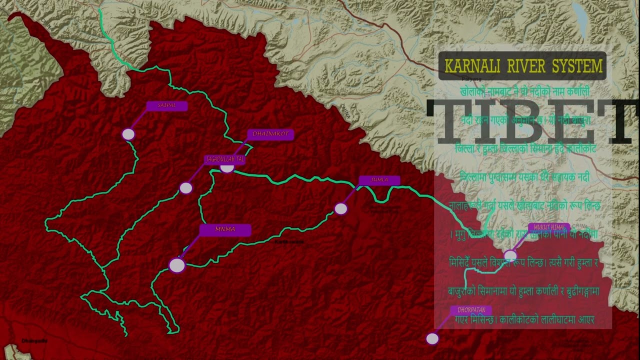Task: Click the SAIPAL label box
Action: click(x=167, y=106)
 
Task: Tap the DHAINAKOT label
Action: click(x=270, y=134)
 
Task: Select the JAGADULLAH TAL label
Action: click(x=225, y=159)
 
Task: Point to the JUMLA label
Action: click(x=379, y=180)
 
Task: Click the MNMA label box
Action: click(x=225, y=230)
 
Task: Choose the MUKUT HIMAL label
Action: click(x=548, y=227)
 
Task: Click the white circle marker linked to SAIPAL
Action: click(x=128, y=134)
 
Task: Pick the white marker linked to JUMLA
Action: click(x=341, y=208)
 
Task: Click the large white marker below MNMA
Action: click(x=177, y=265)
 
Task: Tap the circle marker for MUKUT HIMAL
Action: click(x=510, y=255)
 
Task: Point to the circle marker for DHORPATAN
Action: click(x=432, y=338)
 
